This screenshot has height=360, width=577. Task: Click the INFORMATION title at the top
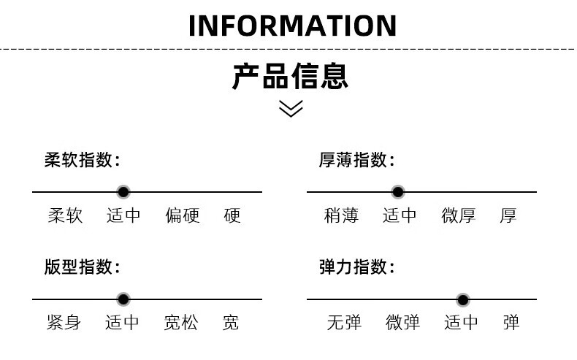coord(292,26)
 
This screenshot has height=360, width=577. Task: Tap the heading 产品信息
coord(291,76)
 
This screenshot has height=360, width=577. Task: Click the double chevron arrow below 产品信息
coord(291,109)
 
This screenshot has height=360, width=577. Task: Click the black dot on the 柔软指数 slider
coord(123,192)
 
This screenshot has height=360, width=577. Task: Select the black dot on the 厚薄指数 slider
coord(398,192)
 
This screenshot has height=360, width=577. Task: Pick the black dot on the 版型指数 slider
coord(123,299)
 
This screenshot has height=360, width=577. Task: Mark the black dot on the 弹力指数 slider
coord(463,299)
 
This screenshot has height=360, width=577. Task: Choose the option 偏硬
coord(182,216)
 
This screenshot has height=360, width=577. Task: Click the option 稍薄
coord(341,216)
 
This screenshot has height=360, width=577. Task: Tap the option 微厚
coord(459,216)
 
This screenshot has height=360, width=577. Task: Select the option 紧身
coord(64,322)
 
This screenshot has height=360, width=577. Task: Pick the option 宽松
coord(181,322)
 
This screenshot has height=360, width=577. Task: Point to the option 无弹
coord(344,322)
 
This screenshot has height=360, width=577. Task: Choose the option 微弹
coord(403,322)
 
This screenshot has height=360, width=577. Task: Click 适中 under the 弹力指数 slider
coord(462,322)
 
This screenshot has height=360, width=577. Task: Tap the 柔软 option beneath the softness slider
coord(66,216)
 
